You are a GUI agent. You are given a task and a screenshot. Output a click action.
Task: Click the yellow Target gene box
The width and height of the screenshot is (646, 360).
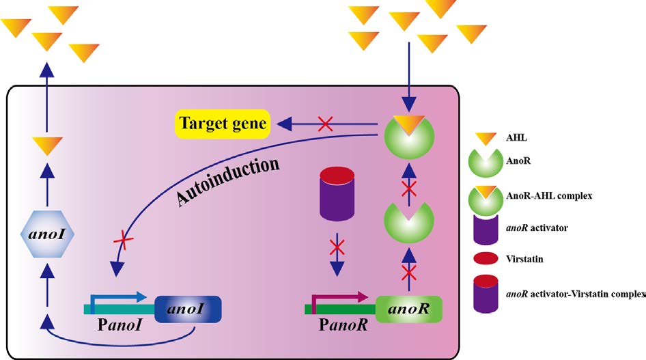click(223, 124)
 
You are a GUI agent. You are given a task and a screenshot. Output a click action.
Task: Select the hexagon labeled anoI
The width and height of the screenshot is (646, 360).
click(47, 234)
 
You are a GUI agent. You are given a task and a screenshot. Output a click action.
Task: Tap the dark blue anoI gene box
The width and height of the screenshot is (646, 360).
click(188, 309)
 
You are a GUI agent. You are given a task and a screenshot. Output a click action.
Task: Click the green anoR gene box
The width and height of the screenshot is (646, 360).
click(408, 309)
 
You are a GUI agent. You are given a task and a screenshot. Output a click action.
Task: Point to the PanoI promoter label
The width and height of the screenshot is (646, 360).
click(120, 325)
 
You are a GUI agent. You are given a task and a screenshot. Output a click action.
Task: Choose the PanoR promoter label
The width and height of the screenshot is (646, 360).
click(343, 325)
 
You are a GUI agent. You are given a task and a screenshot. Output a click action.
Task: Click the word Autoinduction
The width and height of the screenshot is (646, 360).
click(228, 181)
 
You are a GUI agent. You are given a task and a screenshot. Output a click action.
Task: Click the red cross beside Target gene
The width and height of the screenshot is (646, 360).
click(326, 124)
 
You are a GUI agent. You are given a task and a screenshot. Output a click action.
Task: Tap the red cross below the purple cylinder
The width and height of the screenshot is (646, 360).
click(337, 247)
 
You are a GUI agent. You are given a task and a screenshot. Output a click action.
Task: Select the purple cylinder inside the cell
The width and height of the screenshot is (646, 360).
click(337, 193)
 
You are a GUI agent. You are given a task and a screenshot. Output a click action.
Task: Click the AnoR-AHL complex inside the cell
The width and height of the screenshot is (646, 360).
click(408, 135)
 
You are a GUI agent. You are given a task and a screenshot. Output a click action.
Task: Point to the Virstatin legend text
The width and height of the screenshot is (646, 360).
click(524, 259)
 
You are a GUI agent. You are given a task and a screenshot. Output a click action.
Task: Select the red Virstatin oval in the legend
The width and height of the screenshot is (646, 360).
click(486, 258)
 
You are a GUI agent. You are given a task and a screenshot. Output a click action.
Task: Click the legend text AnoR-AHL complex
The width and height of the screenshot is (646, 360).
click(549, 195)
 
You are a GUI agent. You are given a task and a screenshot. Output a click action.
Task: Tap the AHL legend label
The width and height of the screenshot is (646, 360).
click(516, 137)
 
